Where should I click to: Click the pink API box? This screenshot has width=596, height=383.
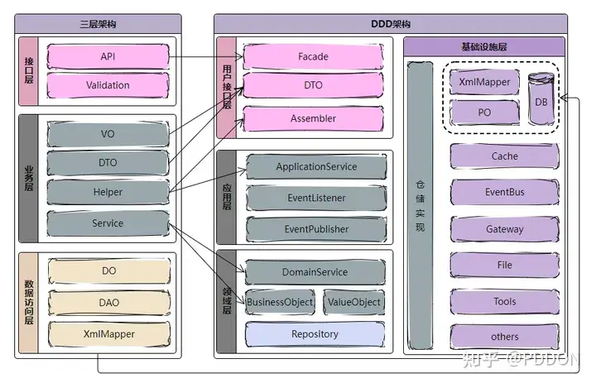[108, 56]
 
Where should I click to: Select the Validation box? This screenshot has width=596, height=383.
[108, 85]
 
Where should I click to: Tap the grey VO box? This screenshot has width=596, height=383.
[108, 134]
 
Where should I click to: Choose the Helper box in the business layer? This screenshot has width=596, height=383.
[108, 192]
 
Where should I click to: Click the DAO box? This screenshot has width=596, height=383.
[109, 303]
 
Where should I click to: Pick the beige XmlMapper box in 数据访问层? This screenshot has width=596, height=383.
[109, 334]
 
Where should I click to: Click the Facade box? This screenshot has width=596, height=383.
[313, 56]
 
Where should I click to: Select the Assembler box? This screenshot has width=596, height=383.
[313, 118]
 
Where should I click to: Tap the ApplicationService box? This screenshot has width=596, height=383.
[316, 166]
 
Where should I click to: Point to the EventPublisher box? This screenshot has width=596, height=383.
[316, 229]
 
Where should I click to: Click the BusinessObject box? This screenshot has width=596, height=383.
[280, 302]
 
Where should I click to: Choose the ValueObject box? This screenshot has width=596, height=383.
[354, 302]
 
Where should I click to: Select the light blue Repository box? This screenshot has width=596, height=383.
[315, 334]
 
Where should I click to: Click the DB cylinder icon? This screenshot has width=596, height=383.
[541, 98]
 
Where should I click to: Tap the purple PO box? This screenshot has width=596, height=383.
[484, 113]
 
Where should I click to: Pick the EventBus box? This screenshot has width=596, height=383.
[504, 192]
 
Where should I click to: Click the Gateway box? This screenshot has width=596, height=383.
[504, 229]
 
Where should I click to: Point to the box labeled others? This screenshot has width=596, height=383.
[504, 337]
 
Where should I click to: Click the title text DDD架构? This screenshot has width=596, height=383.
[391, 24]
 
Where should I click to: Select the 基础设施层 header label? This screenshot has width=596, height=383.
[484, 46]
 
